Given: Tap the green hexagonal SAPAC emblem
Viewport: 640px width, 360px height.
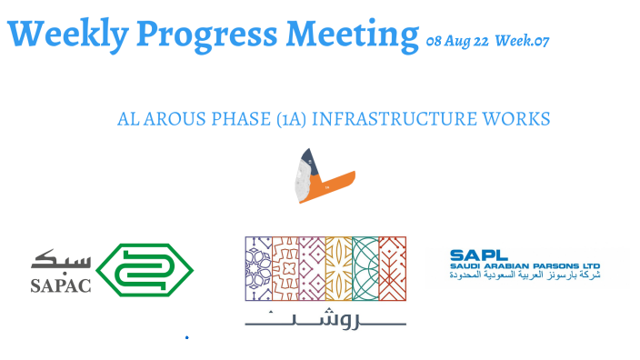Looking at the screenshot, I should [145, 268].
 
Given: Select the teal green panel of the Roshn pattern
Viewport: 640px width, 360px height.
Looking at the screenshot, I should [365, 269].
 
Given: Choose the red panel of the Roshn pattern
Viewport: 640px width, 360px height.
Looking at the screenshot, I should [392, 269].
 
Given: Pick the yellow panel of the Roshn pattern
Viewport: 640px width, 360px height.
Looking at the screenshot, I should [338, 269].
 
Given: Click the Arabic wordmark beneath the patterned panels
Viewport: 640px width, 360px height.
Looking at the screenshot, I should [325, 317].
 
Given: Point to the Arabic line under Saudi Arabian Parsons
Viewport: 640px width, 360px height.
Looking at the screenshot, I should [525, 275].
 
